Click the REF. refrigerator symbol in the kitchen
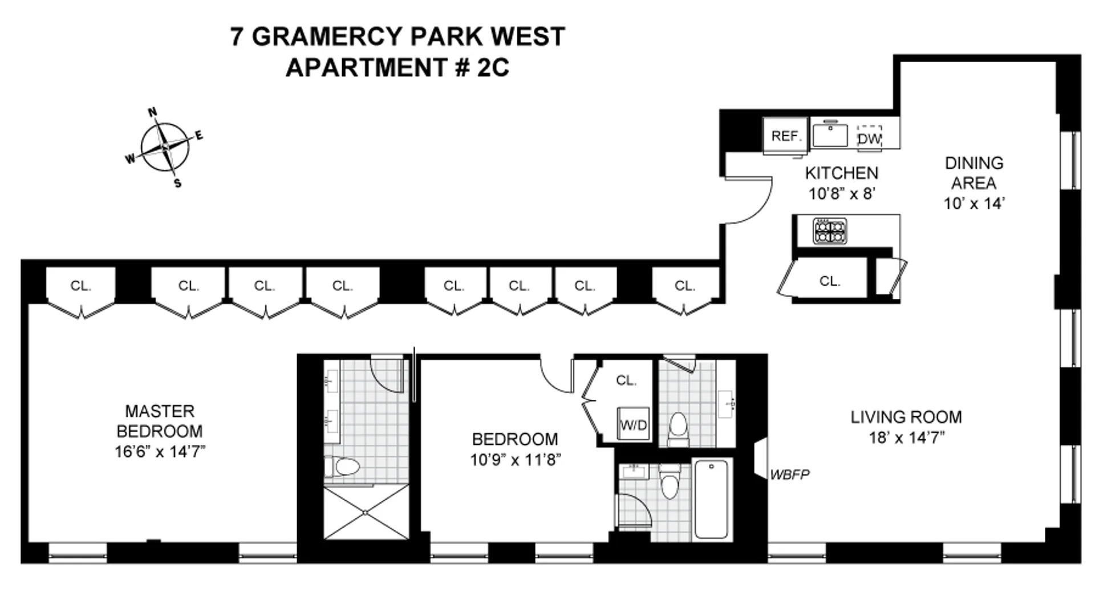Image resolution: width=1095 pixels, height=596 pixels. coord(786,136)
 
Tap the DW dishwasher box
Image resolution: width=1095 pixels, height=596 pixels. coord(870,139)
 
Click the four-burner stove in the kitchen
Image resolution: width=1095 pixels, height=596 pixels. coord(830,232)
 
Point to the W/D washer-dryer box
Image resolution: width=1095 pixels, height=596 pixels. coord(634,425)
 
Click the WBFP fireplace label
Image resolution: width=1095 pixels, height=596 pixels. coord(789,475)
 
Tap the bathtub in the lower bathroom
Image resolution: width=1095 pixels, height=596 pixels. coord(711,499)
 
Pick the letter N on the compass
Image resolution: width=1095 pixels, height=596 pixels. coord(153,112)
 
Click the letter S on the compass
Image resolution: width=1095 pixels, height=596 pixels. coord(177,184)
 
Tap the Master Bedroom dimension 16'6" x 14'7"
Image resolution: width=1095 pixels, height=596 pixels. coord(160,452)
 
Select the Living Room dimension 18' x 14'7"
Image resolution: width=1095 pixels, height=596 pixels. coord(906,437)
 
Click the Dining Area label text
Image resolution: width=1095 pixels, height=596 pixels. coord(974,173)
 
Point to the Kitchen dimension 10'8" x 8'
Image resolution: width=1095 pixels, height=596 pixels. coord(841,194)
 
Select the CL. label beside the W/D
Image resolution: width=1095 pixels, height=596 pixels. coord(626,380)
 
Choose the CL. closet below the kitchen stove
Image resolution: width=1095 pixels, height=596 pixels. coord(829,281)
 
